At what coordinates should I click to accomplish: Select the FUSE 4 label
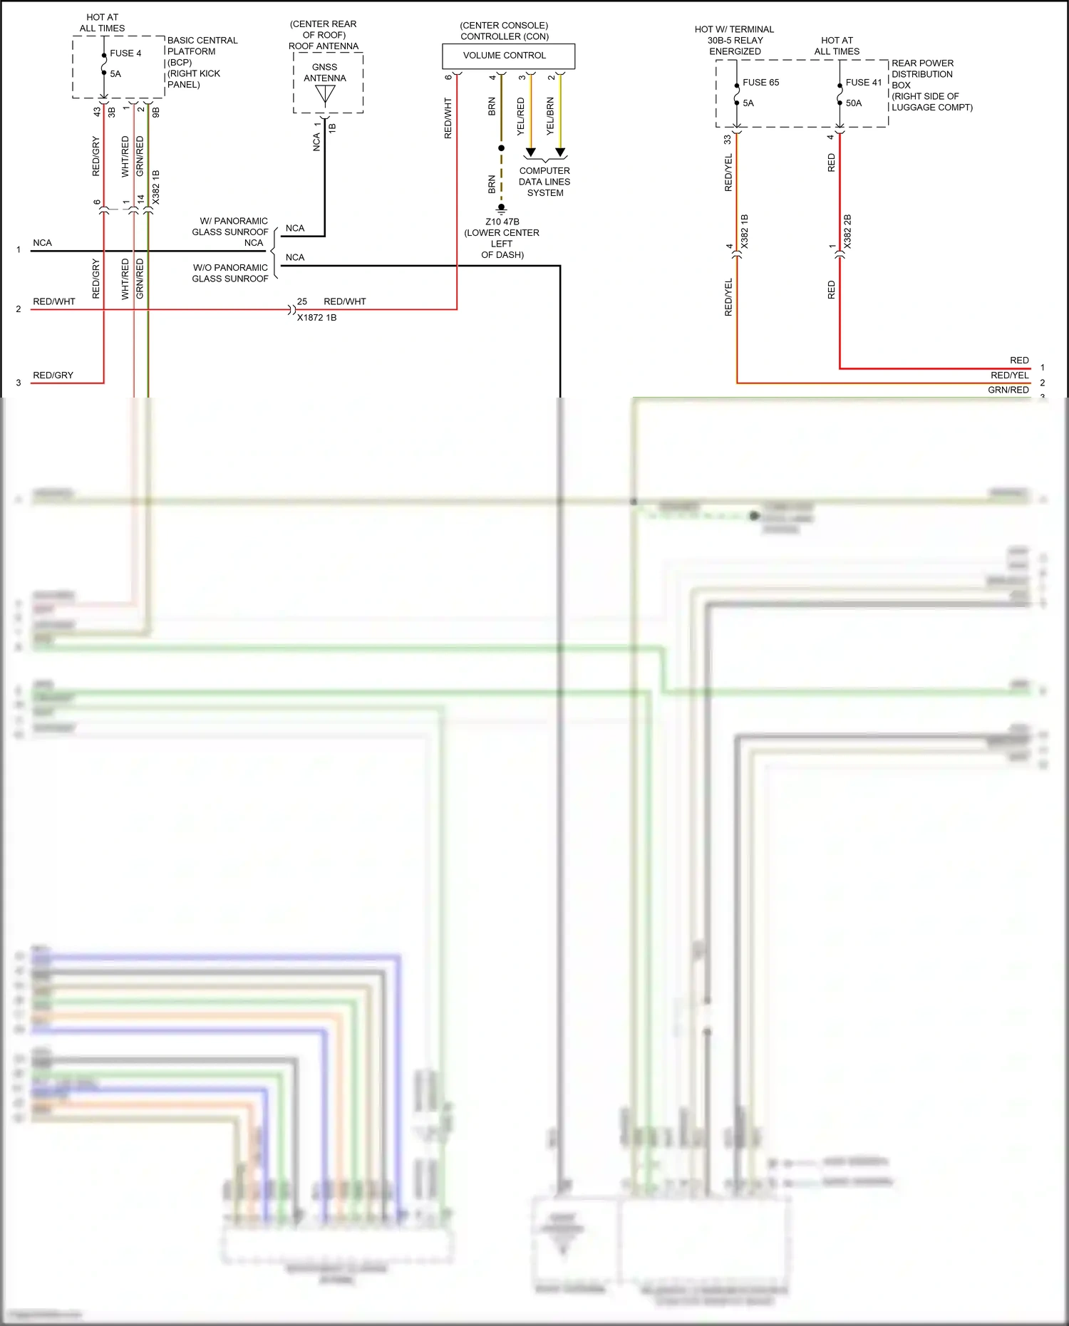pyautogui.click(x=125, y=53)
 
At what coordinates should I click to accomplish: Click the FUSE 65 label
pyautogui.click(x=760, y=83)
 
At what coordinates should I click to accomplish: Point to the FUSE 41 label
pyautogui.click(x=863, y=83)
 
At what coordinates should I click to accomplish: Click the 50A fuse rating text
pyautogui.click(x=853, y=103)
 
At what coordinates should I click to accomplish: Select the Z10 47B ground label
pyautogui.click(x=502, y=222)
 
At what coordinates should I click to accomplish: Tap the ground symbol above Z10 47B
pyautogui.click(x=501, y=209)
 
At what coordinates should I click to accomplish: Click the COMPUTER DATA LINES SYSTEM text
pyautogui.click(x=544, y=182)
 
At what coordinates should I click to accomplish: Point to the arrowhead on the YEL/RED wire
pyautogui.click(x=530, y=152)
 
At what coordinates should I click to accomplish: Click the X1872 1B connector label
pyautogui.click(x=316, y=318)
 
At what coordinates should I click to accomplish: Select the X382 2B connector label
pyautogui.click(x=847, y=232)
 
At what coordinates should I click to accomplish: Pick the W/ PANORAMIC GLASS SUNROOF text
pyautogui.click(x=230, y=227)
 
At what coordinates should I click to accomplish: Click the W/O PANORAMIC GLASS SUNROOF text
pyautogui.click(x=230, y=273)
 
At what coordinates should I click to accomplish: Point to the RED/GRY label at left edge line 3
pyautogui.click(x=53, y=375)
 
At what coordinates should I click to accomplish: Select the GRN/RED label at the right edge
pyautogui.click(x=1008, y=390)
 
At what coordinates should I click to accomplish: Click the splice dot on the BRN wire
pyautogui.click(x=501, y=148)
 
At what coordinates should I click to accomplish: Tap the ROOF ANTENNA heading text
pyautogui.click(x=324, y=46)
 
